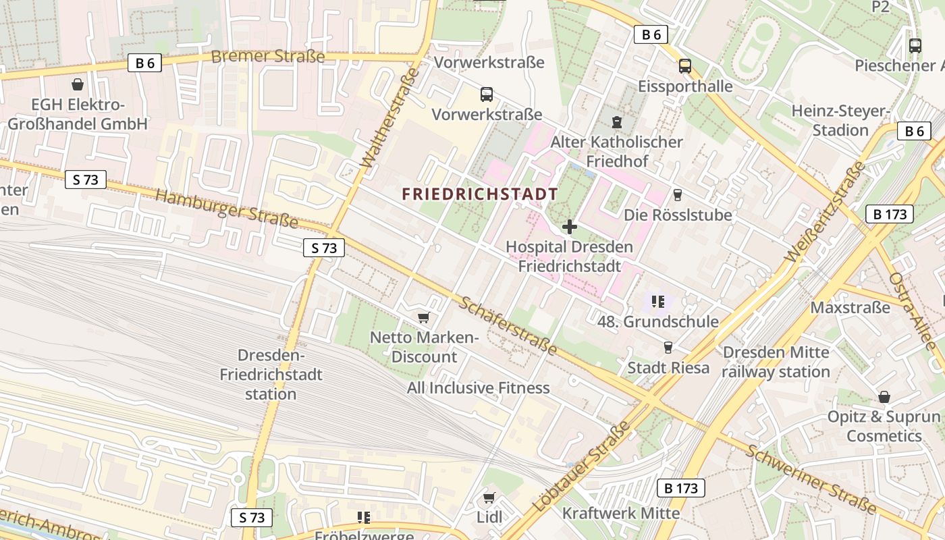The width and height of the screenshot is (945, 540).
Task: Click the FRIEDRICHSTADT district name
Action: (x=480, y=194)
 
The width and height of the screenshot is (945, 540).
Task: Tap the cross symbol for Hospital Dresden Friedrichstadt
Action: (x=570, y=227)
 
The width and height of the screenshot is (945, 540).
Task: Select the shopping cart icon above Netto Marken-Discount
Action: (x=424, y=317)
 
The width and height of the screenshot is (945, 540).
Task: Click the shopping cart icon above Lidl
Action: (x=489, y=498)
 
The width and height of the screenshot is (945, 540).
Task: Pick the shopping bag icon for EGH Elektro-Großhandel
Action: (x=78, y=85)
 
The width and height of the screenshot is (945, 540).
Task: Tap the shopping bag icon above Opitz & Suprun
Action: (x=884, y=397)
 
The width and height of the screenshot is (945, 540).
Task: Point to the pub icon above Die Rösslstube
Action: (x=678, y=195)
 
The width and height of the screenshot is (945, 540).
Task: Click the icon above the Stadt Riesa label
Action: (x=668, y=347)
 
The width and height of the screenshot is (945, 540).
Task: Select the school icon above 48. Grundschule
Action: (x=658, y=301)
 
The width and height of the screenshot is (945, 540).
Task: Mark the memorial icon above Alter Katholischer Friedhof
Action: (x=616, y=122)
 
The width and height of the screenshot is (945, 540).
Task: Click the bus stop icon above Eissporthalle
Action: (x=685, y=66)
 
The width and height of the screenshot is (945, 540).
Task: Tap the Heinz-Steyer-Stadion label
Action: (x=840, y=120)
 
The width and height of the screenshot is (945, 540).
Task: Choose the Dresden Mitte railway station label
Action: (x=776, y=362)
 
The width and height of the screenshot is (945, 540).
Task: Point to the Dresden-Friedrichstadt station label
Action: (x=271, y=375)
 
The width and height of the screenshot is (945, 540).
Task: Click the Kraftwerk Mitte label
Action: (x=621, y=513)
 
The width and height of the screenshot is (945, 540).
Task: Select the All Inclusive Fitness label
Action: (x=478, y=388)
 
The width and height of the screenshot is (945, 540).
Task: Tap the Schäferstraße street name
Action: (x=508, y=325)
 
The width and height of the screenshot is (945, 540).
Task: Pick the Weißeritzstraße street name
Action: (x=825, y=212)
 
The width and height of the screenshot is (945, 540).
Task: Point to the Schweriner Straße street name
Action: (x=809, y=479)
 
